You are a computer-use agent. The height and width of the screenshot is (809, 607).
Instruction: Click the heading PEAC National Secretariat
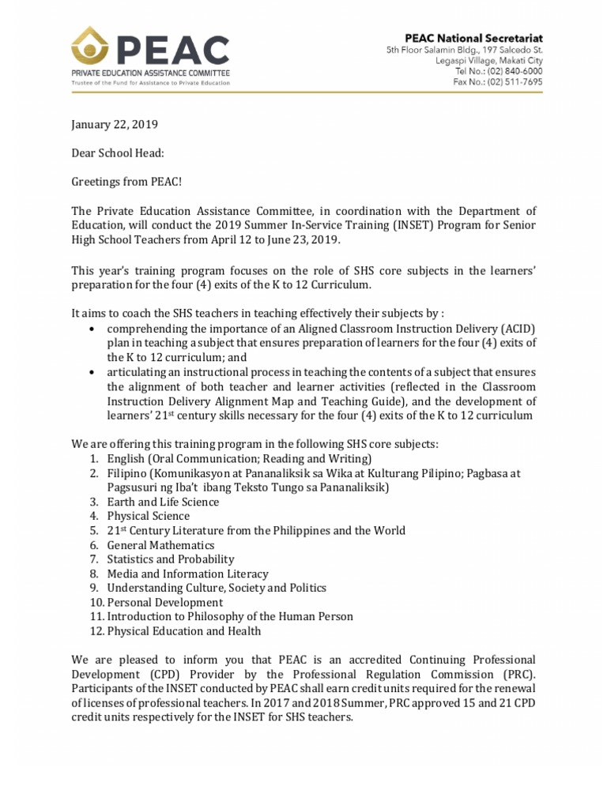pos(473,38)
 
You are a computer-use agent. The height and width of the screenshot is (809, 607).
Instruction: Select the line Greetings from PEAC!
pos(126,182)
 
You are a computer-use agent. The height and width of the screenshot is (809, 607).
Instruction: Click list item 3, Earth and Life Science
pos(163,502)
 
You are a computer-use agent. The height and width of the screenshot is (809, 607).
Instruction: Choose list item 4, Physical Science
pos(148,516)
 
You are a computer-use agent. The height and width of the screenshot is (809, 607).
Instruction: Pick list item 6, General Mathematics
pos(160,545)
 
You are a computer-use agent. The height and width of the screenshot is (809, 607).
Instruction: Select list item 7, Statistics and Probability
pos(171,559)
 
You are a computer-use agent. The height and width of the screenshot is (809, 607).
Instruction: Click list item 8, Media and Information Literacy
pos(187,574)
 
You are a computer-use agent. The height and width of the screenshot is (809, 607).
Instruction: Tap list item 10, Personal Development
pos(164,602)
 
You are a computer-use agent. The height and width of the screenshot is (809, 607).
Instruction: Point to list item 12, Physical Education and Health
pos(183,631)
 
